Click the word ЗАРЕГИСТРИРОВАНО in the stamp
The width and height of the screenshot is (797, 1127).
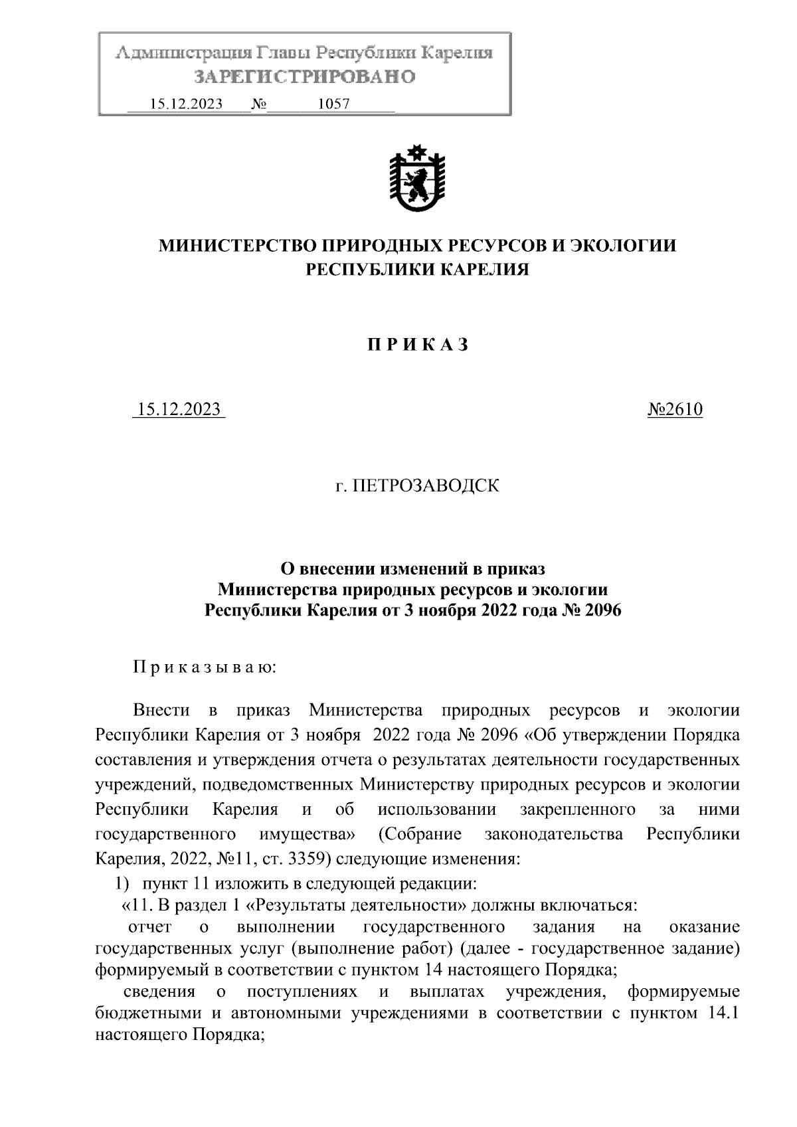(304, 77)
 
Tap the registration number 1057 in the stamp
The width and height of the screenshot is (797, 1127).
(334, 104)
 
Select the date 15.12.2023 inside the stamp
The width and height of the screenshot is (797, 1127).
(186, 104)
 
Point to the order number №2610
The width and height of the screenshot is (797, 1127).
(674, 410)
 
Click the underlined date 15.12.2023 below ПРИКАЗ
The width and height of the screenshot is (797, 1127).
(179, 410)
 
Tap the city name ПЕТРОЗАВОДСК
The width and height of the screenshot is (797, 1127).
(424, 486)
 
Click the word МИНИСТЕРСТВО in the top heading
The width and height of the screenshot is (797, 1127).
(236, 246)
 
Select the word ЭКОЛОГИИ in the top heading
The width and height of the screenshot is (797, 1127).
(624, 246)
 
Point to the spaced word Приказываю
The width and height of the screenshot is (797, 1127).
(204, 666)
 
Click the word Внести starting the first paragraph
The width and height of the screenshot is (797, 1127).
(161, 711)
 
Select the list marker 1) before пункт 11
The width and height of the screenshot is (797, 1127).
(122, 884)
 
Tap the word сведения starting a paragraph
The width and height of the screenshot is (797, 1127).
(159, 992)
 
